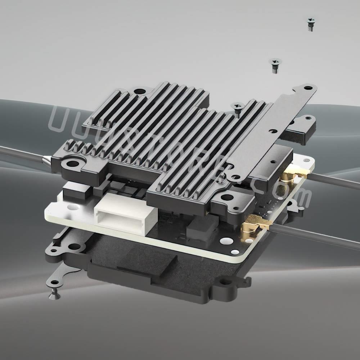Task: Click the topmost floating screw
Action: [311, 24]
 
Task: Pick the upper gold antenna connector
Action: [290, 176]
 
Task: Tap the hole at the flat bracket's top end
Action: [308, 88]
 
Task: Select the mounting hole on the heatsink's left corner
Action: [73, 164]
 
